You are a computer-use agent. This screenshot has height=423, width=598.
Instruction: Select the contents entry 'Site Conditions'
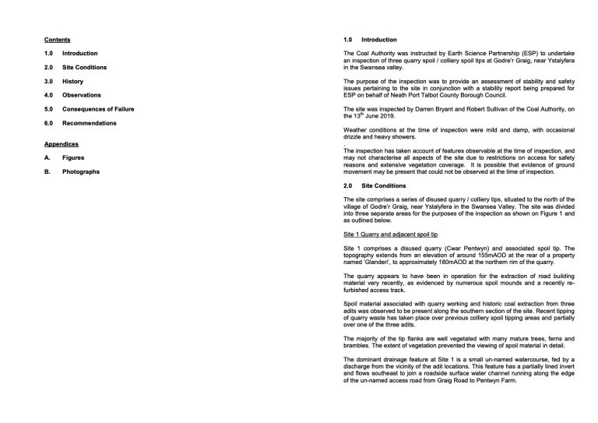pos(85,67)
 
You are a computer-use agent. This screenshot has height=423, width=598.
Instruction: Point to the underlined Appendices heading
pos(60,143)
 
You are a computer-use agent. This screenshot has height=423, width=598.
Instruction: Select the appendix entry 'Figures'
pos(74,157)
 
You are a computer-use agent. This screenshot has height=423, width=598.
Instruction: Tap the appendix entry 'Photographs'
pos(81,171)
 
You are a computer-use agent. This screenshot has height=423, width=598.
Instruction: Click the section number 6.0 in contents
pos(48,123)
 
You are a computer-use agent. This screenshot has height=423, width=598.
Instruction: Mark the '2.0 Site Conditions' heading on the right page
pos(375,185)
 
